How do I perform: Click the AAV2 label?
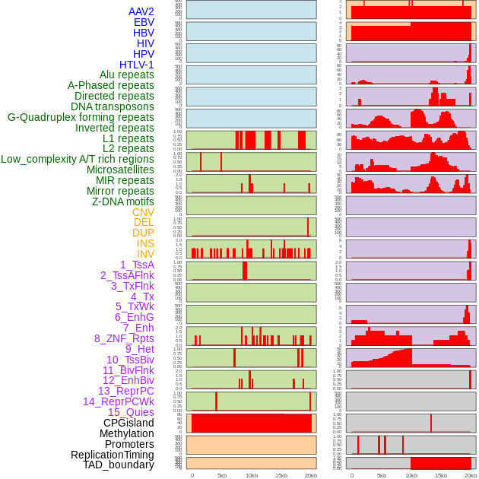click(x=141, y=11)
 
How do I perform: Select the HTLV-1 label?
click(x=137, y=65)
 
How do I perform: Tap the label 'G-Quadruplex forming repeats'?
click(x=81, y=117)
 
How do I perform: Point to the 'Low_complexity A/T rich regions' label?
click(x=78, y=159)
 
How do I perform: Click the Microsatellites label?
click(x=120, y=170)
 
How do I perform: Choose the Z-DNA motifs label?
click(x=123, y=201)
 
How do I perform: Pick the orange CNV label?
click(x=143, y=212)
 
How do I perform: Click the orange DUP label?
click(x=143, y=233)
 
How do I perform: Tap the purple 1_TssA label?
click(x=137, y=265)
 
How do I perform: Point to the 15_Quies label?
click(x=131, y=412)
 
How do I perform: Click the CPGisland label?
click(x=128, y=423)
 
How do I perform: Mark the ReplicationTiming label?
click(x=112, y=455)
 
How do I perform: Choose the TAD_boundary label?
click(x=119, y=465)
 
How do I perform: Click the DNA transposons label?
click(x=113, y=106)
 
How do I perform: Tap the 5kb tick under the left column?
click(x=222, y=475)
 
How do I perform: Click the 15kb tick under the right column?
click(x=441, y=475)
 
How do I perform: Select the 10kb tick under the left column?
click(x=252, y=475)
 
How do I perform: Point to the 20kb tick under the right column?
click(x=471, y=475)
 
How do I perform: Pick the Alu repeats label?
click(x=127, y=75)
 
